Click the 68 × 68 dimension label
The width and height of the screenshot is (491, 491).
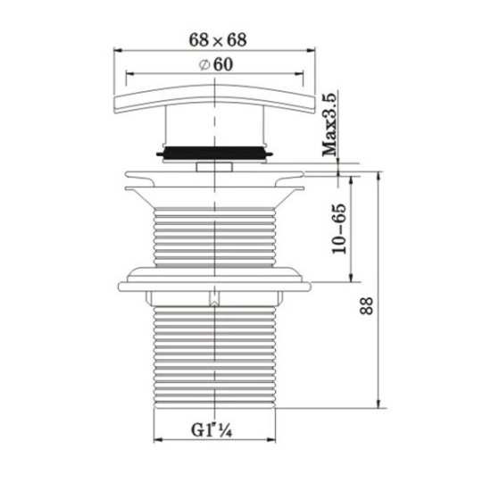coord(218,40)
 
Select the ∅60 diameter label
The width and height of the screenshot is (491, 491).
coord(216,64)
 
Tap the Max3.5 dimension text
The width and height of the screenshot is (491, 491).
coord(330,124)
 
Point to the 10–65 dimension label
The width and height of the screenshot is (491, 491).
coord(339,229)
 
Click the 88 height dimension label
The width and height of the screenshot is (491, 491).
coord(366,306)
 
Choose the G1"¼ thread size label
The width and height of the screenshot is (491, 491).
coord(212,430)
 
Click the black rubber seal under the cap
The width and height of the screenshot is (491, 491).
coord(214,153)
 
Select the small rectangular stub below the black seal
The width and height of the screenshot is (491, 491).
coord(214,167)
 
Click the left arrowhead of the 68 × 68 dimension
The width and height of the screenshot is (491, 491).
coord(118,50)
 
